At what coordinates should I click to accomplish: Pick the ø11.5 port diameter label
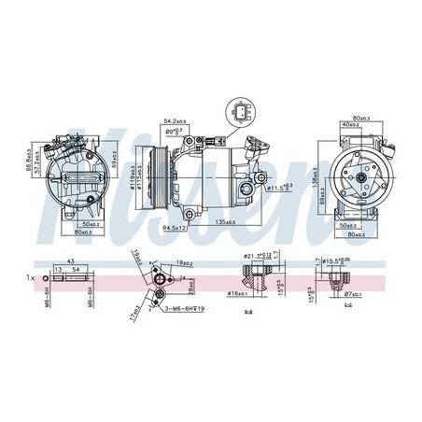(279, 188)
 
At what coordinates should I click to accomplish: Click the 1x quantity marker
(33, 278)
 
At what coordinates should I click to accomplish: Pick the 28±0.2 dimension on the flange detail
(187, 281)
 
